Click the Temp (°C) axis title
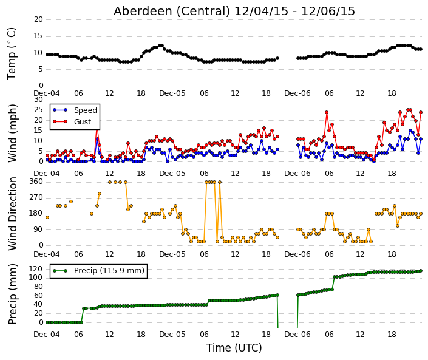[x=12, y=53]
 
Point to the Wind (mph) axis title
[x=12, y=133]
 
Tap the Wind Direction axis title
[x=12, y=214]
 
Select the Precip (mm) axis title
[x=12, y=294]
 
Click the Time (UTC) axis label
[x=234, y=348]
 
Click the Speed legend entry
[x=75, y=110]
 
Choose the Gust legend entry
[x=72, y=122]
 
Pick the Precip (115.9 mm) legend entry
[x=98, y=271]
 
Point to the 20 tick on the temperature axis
[x=38, y=19]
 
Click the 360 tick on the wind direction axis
[x=36, y=182]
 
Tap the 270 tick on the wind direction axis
[x=36, y=197]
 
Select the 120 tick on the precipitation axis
[x=36, y=269]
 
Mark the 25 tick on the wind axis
[x=38, y=110]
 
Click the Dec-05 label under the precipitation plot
[x=172, y=335]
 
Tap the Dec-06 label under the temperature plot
[x=297, y=93]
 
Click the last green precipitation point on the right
[x=421, y=271]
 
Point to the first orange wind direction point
[x=47, y=217]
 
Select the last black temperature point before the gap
[x=277, y=58]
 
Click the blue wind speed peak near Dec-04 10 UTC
[x=97, y=139]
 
